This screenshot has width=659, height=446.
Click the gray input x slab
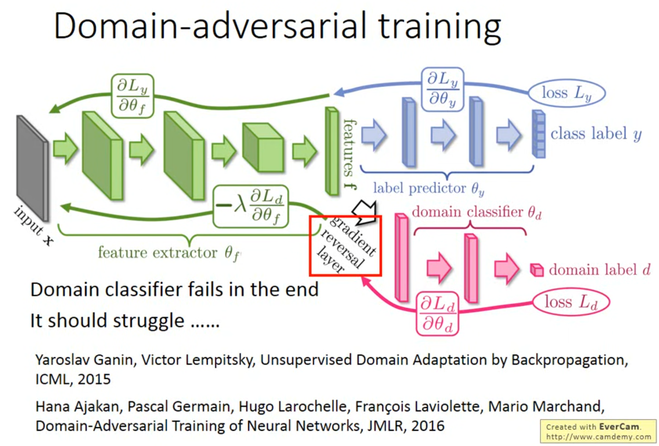pyautogui.click(x=32, y=168)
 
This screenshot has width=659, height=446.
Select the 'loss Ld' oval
pyautogui.click(x=571, y=303)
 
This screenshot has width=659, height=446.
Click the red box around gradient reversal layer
pyautogui.click(x=346, y=246)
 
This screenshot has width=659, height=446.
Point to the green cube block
pyautogui.click(x=263, y=147)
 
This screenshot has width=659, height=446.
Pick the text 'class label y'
pyautogui.click(x=596, y=134)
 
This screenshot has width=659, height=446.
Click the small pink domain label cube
pyautogui.click(x=537, y=270)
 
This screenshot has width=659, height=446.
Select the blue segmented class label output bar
pyautogui.click(x=538, y=134)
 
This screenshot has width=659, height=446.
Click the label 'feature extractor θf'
pyautogui.click(x=169, y=253)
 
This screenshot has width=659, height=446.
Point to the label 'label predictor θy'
pyautogui.click(x=428, y=188)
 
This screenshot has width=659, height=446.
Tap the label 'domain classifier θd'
pyautogui.click(x=477, y=212)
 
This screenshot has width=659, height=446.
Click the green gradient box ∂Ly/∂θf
pyautogui.click(x=132, y=95)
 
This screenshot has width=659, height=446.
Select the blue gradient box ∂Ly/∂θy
pyautogui.click(x=442, y=89)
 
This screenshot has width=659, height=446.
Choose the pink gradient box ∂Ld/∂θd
pyautogui.click(x=437, y=313)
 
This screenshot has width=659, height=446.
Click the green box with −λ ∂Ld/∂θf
pyautogui.click(x=251, y=207)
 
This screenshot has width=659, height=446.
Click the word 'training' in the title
pyautogui.click(x=439, y=27)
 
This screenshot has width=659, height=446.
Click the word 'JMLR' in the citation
pyautogui.click(x=384, y=426)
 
